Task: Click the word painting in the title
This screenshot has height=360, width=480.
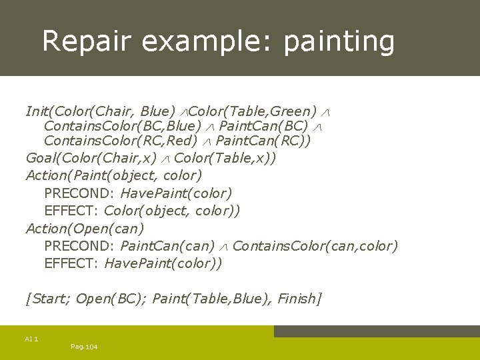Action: (x=339, y=41)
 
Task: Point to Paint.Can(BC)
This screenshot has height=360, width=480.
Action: (x=263, y=126)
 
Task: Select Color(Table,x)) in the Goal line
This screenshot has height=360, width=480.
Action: (x=225, y=158)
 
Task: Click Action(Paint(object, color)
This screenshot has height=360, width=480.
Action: (x=113, y=175)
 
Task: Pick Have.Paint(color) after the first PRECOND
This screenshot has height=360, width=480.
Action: (x=176, y=193)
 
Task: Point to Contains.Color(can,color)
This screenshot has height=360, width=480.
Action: (x=315, y=246)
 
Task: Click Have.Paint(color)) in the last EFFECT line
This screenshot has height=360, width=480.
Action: (x=163, y=263)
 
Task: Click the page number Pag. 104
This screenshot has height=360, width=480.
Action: (x=83, y=347)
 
